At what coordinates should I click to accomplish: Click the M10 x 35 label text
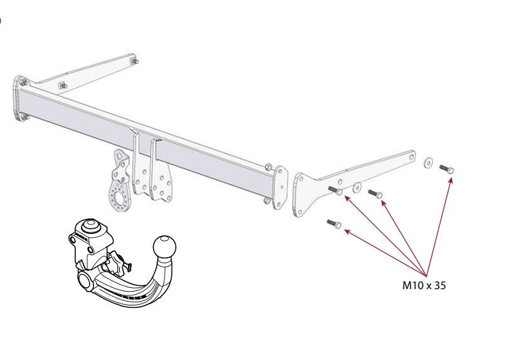tap(423, 285)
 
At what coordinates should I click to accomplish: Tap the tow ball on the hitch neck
tap(164, 247)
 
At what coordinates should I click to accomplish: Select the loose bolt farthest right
tap(447, 169)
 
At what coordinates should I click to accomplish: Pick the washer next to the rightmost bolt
tap(428, 162)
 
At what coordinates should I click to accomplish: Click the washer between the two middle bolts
tap(357, 188)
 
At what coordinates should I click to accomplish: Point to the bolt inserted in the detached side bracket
tap(335, 190)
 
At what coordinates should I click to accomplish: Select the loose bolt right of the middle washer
tap(375, 194)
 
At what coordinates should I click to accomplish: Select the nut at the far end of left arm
tap(135, 61)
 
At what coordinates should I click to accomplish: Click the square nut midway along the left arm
tap(62, 85)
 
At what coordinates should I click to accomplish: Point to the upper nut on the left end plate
tap(23, 82)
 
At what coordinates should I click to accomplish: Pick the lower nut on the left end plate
tap(25, 117)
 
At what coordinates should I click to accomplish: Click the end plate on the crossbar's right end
tap(280, 188)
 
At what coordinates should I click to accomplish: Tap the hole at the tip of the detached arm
tap(412, 156)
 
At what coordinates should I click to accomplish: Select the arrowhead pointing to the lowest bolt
tap(347, 231)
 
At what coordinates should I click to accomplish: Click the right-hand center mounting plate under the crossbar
tap(161, 170)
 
